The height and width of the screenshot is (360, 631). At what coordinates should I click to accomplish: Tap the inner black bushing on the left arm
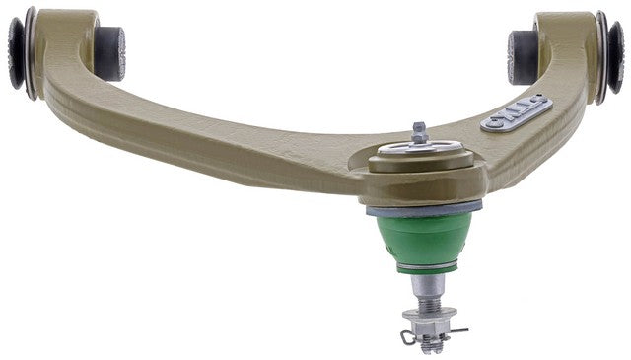click(109, 53)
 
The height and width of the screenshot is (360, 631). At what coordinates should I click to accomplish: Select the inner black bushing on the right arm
click(524, 57)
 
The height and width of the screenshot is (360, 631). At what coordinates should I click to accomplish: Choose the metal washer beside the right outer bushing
click(599, 57)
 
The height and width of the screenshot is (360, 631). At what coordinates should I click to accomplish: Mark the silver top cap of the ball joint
click(422, 151)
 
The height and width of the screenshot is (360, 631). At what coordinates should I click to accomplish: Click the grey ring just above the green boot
click(425, 209)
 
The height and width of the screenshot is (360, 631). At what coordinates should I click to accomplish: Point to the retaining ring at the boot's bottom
click(425, 268)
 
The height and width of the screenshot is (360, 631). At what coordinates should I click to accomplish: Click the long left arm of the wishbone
click(197, 138)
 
